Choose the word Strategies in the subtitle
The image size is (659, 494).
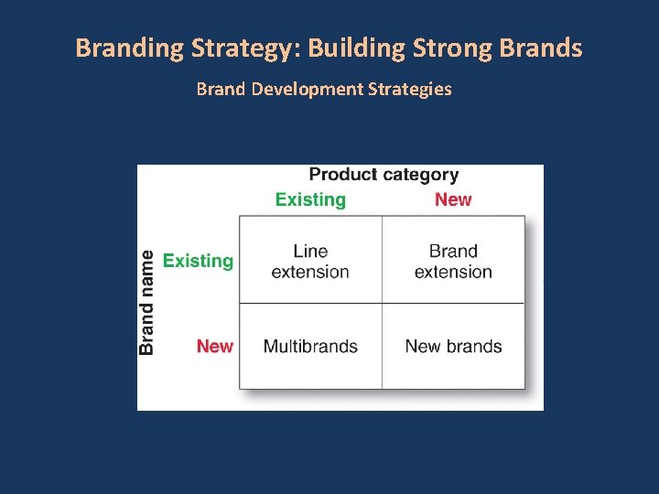coord(408,90)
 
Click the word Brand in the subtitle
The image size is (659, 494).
coord(221,90)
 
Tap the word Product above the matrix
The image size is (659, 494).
coord(342,174)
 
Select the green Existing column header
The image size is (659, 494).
coord(310,199)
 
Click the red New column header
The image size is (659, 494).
coord(453,199)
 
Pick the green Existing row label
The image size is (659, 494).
coord(198,261)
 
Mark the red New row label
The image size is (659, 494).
coord(215,346)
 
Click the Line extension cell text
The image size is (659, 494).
coord(310,261)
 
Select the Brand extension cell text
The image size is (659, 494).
coord(453,261)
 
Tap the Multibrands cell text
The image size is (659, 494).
coord(310,347)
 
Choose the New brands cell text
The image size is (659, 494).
coord(453,347)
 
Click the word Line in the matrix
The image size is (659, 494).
coord(310,251)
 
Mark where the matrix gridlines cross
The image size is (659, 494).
coord(382,303)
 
